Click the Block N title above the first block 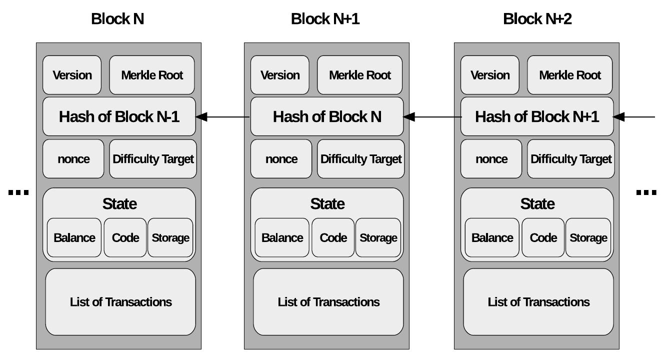(117, 19)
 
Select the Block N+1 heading (325, 19)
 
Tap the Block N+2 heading (537, 19)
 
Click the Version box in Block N (72, 75)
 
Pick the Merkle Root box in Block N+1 (360, 75)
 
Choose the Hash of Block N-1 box (119, 116)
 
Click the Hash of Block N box (326, 116)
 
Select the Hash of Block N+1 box (536, 116)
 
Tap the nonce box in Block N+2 (491, 159)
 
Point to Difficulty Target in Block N (153, 159)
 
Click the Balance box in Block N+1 (282, 237)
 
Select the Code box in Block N (125, 237)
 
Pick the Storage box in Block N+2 (588, 237)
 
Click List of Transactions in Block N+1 (328, 302)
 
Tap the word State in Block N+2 (537, 204)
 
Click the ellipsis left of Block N (19, 192)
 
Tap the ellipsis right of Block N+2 (646, 192)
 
